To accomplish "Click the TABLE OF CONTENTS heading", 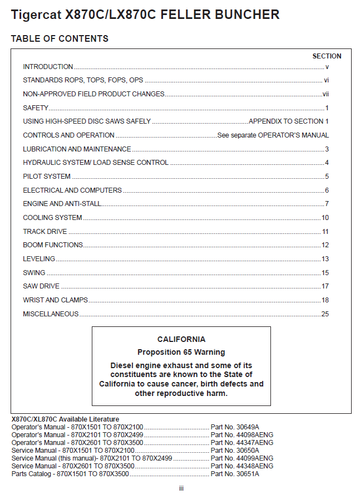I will (60, 38).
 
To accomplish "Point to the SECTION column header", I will (327, 56).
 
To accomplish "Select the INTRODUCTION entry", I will (48, 67).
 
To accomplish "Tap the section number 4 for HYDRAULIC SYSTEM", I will (327, 163).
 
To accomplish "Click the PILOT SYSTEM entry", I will (47, 177).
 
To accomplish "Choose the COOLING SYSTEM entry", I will (52, 218).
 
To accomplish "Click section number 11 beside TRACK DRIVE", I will (326, 232).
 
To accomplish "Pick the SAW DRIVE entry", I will (41, 286).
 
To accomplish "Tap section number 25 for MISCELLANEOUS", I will (326, 314).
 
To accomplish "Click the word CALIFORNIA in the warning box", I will (181, 339).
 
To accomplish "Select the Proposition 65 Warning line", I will (181, 352).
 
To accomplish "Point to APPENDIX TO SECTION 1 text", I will (289, 121).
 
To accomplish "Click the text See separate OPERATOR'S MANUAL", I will (273, 135).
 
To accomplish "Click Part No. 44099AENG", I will (242, 458).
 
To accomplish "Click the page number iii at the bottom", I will (181, 488).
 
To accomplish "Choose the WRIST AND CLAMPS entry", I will (55, 300).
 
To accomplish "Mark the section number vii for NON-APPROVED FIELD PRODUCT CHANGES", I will (326, 94).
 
